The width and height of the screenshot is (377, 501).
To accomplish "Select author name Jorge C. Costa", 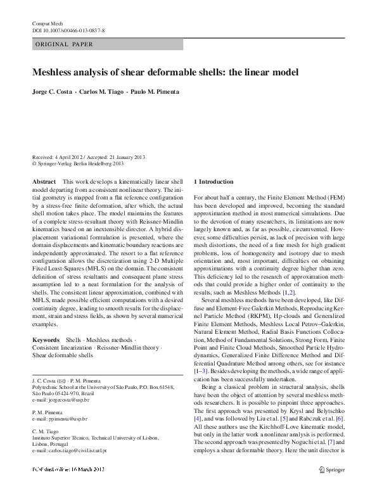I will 51,92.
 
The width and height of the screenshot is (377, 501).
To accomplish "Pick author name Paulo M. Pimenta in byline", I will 155,92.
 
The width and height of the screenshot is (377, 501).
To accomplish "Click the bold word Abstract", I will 44,181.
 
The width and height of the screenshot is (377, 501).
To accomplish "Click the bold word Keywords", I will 46,340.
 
